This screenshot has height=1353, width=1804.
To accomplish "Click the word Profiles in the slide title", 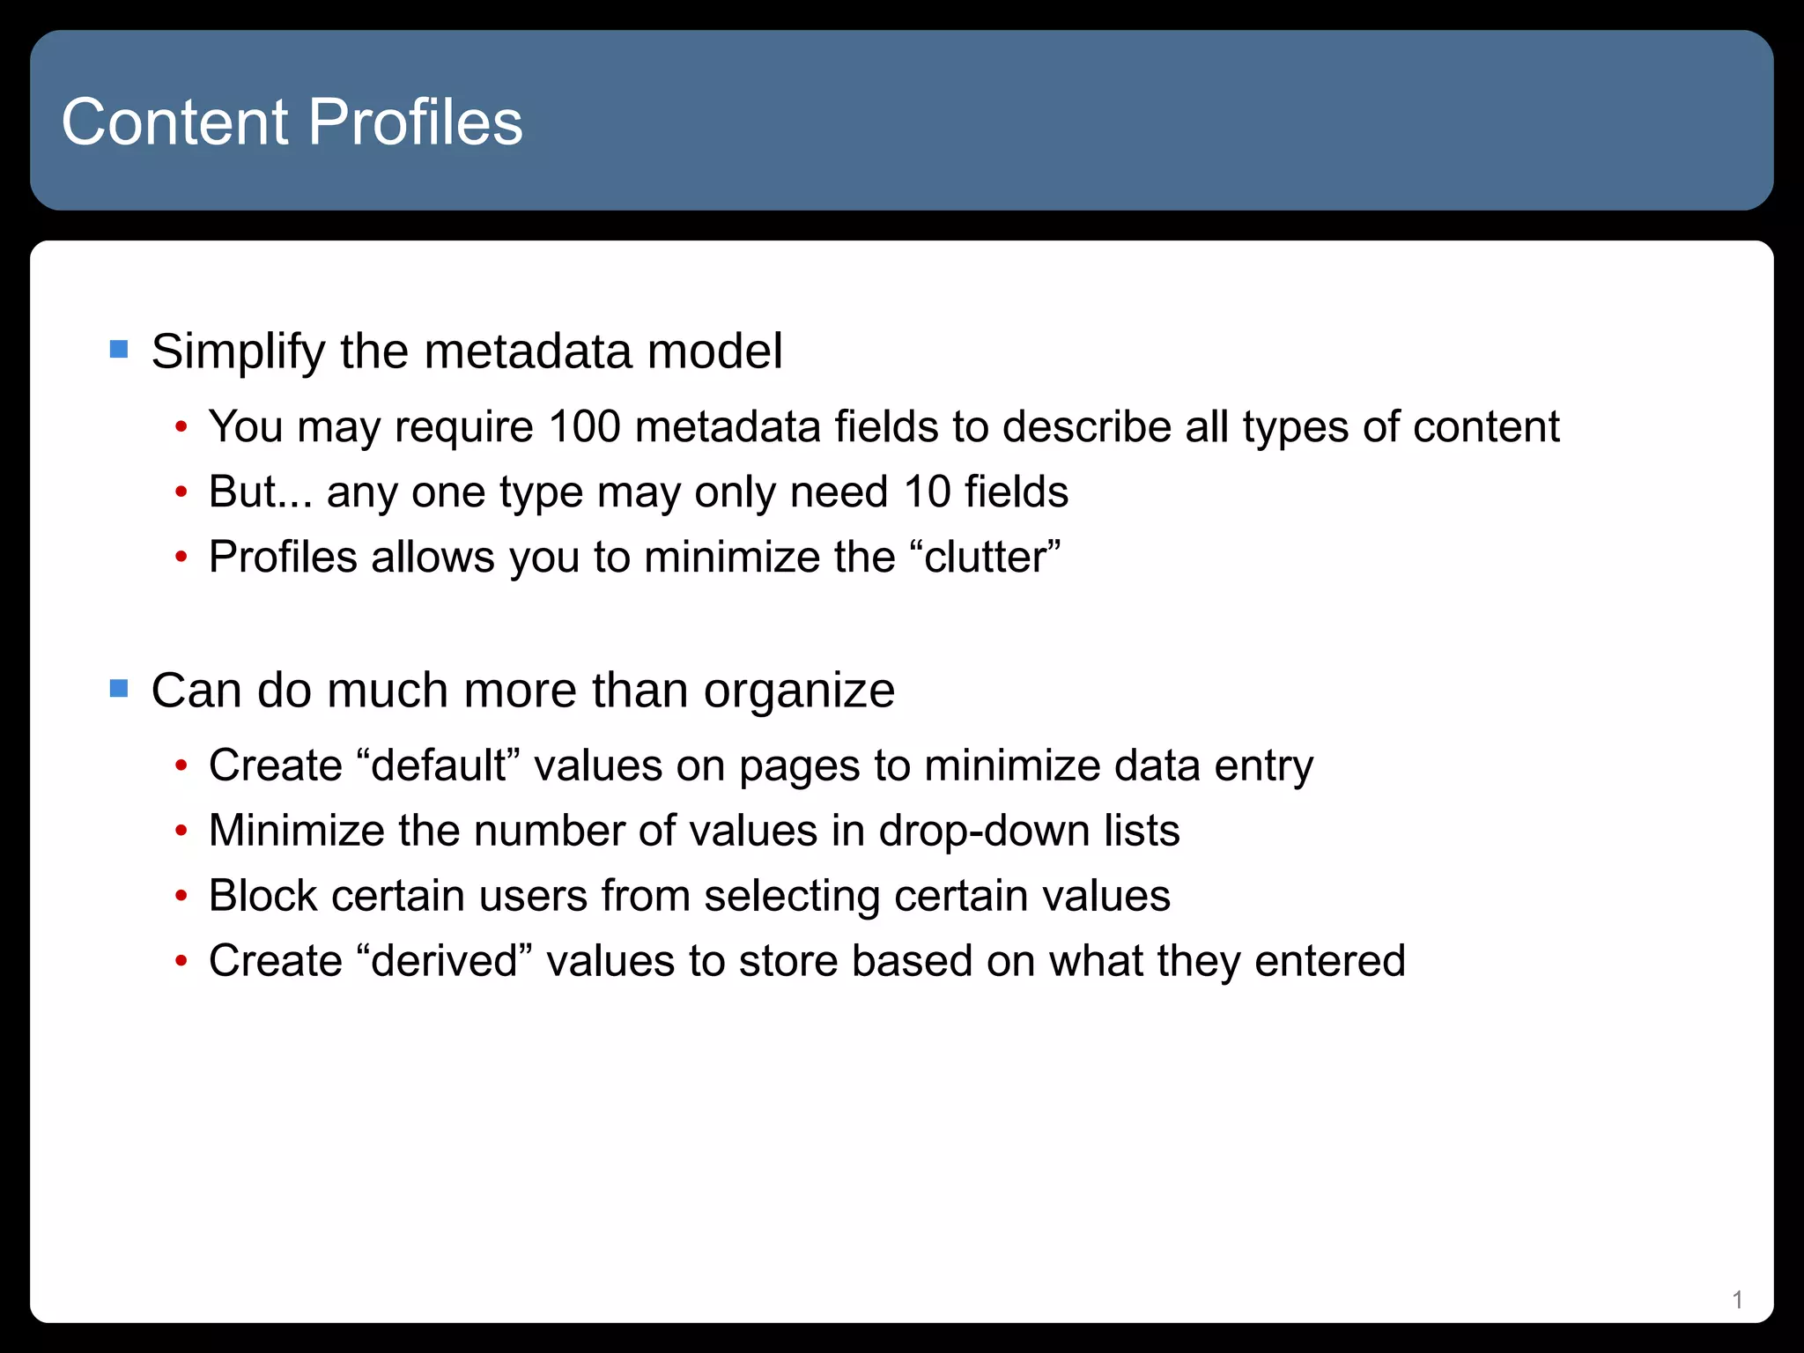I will tap(416, 122).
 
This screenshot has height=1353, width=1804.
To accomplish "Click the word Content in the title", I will tap(175, 122).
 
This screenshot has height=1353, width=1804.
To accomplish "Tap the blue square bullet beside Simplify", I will tap(119, 350).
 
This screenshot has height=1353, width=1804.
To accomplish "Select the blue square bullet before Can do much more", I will tap(119, 688).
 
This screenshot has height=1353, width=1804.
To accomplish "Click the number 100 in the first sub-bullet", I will tap(584, 426).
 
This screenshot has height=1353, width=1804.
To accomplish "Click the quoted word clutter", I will tap(992, 557).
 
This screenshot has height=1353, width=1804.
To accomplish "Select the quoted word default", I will tap(439, 765).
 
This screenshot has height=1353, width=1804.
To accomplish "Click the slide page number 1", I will tap(1737, 1299).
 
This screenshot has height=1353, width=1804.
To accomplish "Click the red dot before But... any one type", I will tap(181, 492).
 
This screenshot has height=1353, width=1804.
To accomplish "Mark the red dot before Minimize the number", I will tap(181, 831).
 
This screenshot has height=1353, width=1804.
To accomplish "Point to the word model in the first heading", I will tap(714, 351).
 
